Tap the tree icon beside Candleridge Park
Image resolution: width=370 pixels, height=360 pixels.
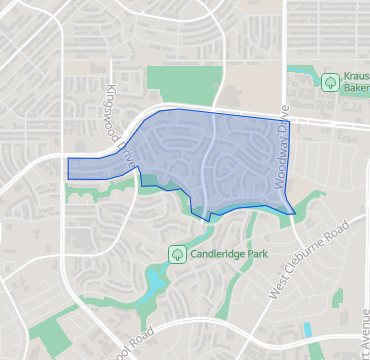(x=177, y=254)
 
